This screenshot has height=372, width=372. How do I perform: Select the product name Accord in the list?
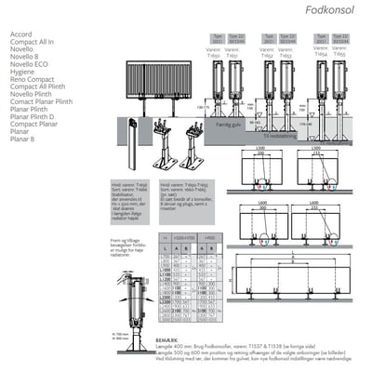[20, 34]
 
